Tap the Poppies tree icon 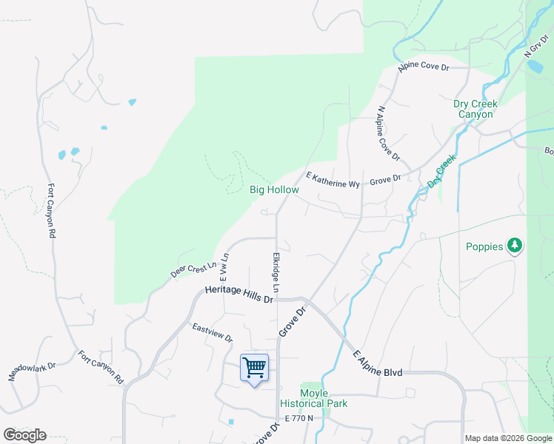[x=515, y=246]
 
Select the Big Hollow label [x=274, y=190]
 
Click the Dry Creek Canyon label [x=475, y=109]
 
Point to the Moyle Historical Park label [x=313, y=398]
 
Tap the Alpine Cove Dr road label [x=424, y=67]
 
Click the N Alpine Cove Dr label [x=388, y=133]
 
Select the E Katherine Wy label [x=333, y=179]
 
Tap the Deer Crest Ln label [x=193, y=269]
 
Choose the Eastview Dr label [x=213, y=333]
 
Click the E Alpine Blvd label [x=377, y=363]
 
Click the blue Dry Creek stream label [x=440, y=171]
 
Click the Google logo [x=24, y=435]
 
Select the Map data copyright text [x=508, y=438]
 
